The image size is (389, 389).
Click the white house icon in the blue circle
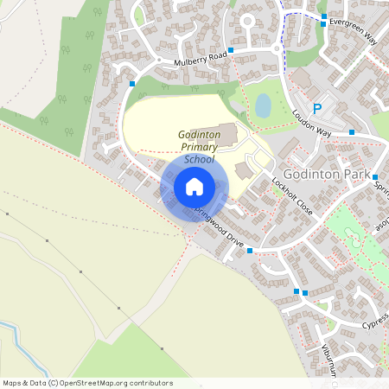point(194,186)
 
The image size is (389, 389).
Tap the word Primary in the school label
point(201,148)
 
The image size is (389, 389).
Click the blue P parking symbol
point(317,108)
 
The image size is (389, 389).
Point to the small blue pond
point(263,105)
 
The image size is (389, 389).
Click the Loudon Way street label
point(311,122)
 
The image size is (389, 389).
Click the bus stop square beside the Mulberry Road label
point(231,51)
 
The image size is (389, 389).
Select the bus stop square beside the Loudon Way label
point(352,132)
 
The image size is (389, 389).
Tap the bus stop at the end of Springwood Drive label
point(250,251)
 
